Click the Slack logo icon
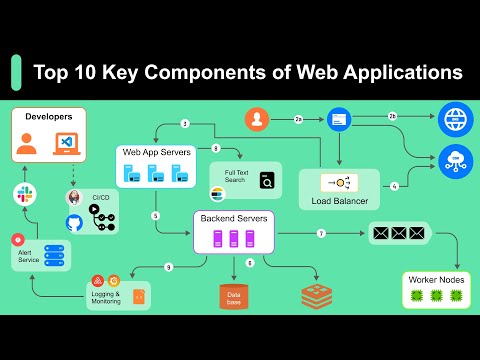pos(22,194)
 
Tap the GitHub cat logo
pos(74,222)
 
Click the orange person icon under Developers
pos(27,145)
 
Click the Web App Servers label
pos(155,151)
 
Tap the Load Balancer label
pos(338,201)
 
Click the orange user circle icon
pos(258,119)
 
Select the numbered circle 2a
pos(298,119)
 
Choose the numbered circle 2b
pos(392,117)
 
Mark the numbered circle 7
pos(321,233)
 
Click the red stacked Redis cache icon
pos(316,296)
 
